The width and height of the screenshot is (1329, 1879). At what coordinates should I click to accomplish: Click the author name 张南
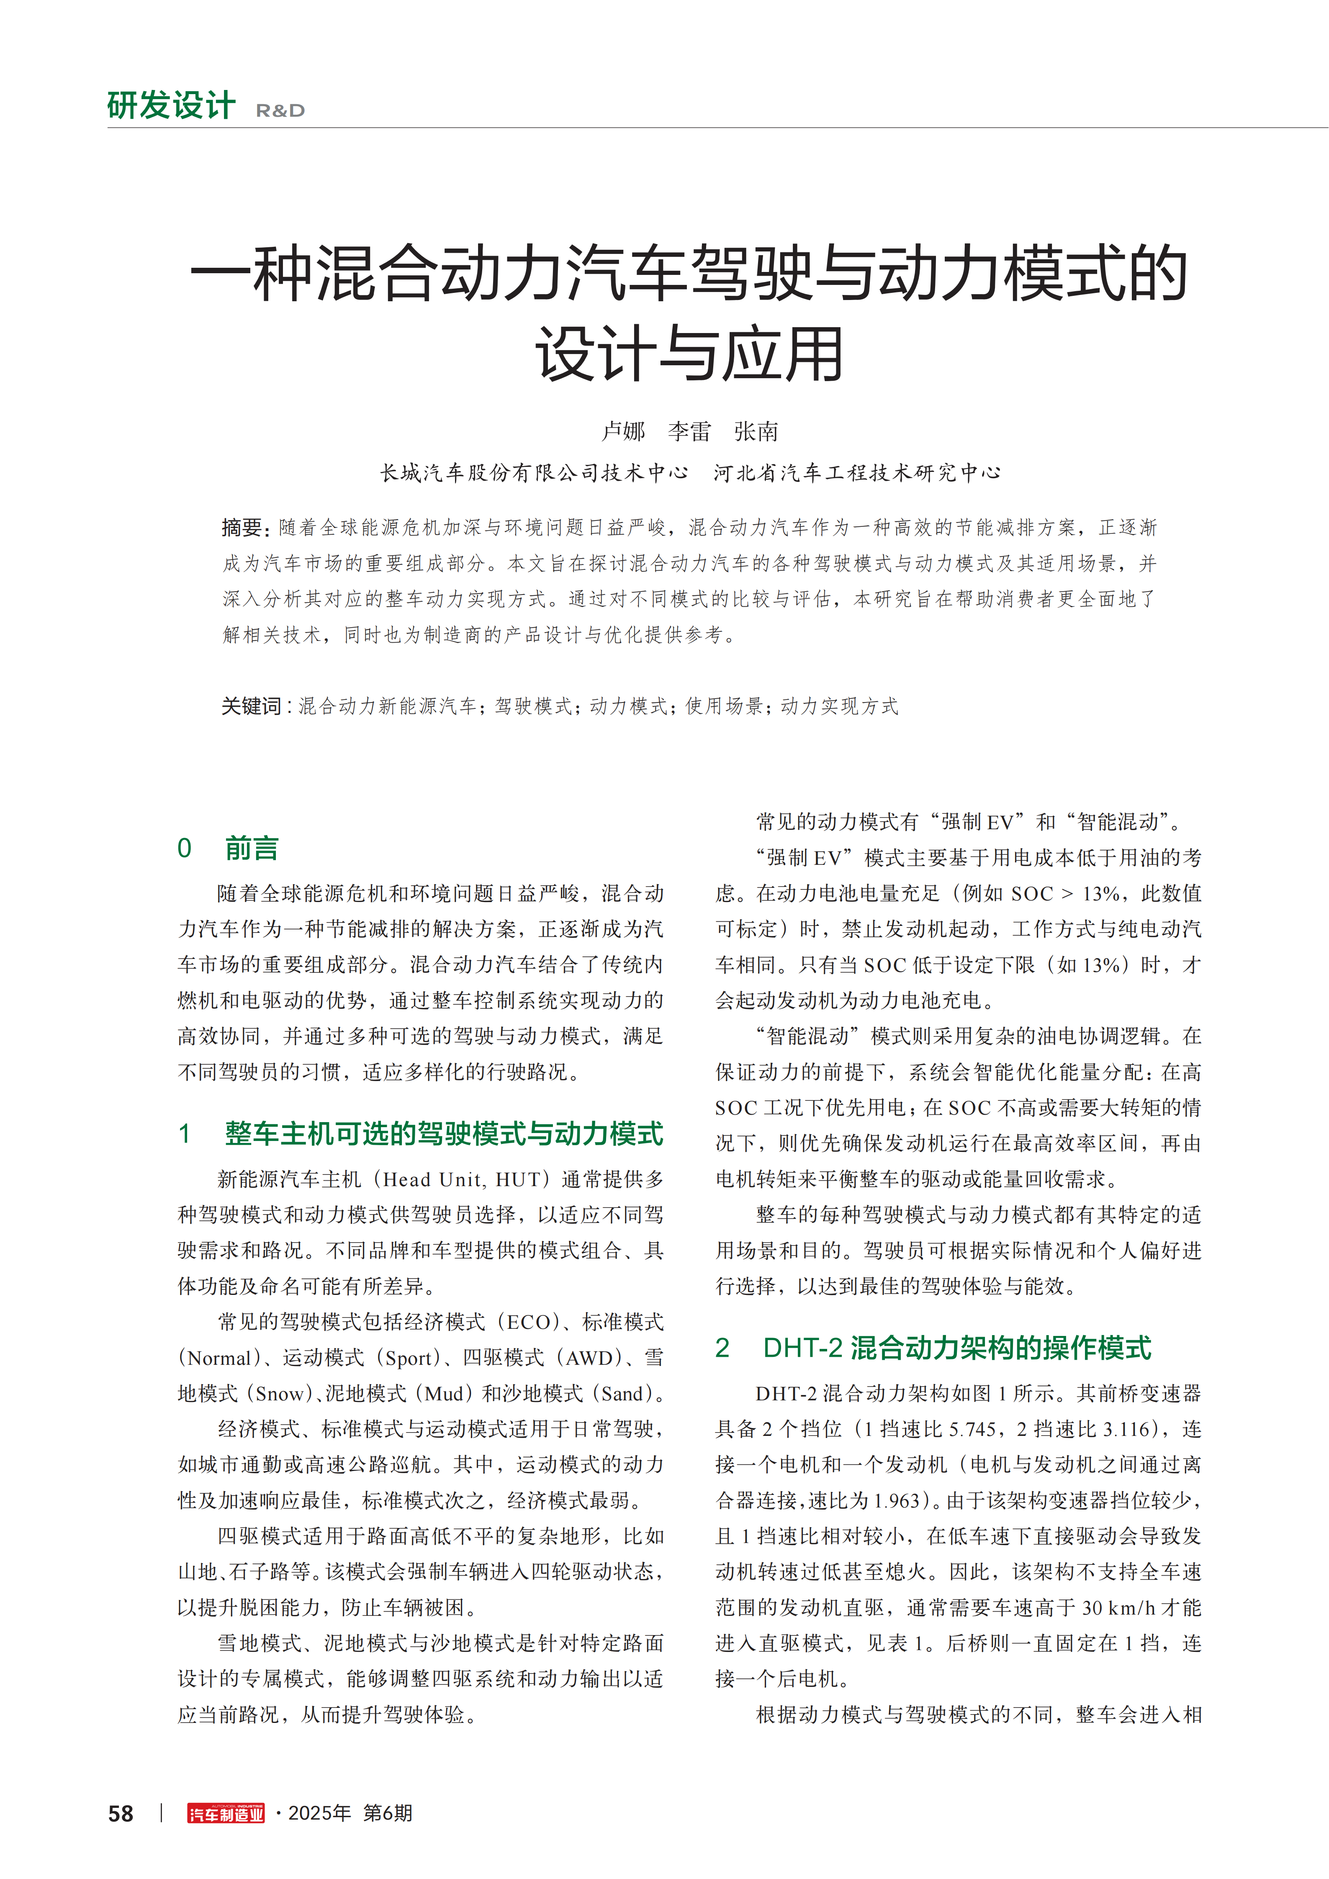(x=755, y=431)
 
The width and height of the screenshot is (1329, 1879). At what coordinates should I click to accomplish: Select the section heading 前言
(x=252, y=848)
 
